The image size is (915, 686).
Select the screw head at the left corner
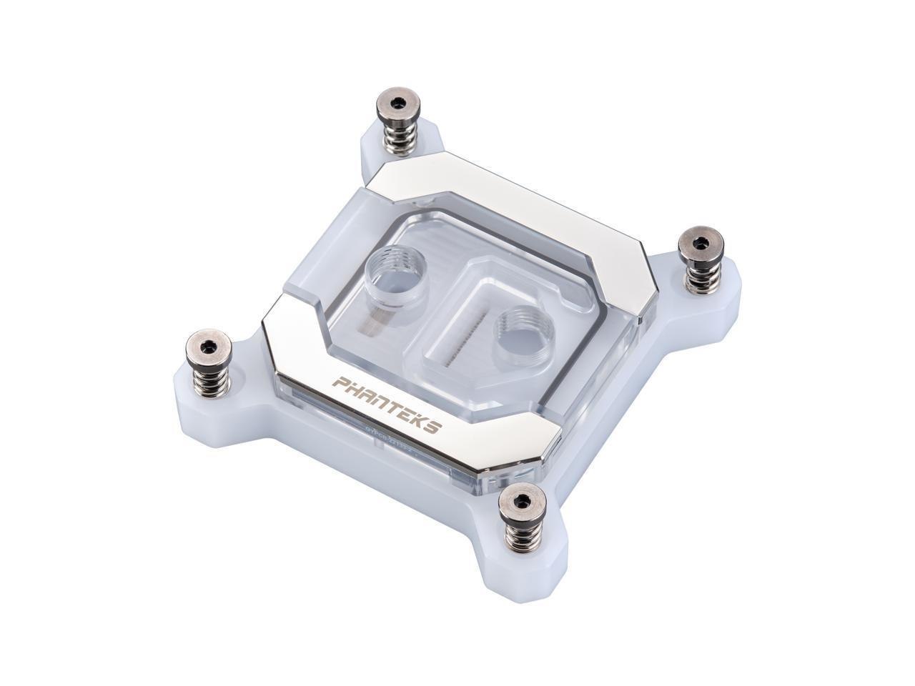click(203, 347)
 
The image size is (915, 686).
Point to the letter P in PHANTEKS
click(347, 384)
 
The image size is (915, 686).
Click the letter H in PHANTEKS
click(359, 391)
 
